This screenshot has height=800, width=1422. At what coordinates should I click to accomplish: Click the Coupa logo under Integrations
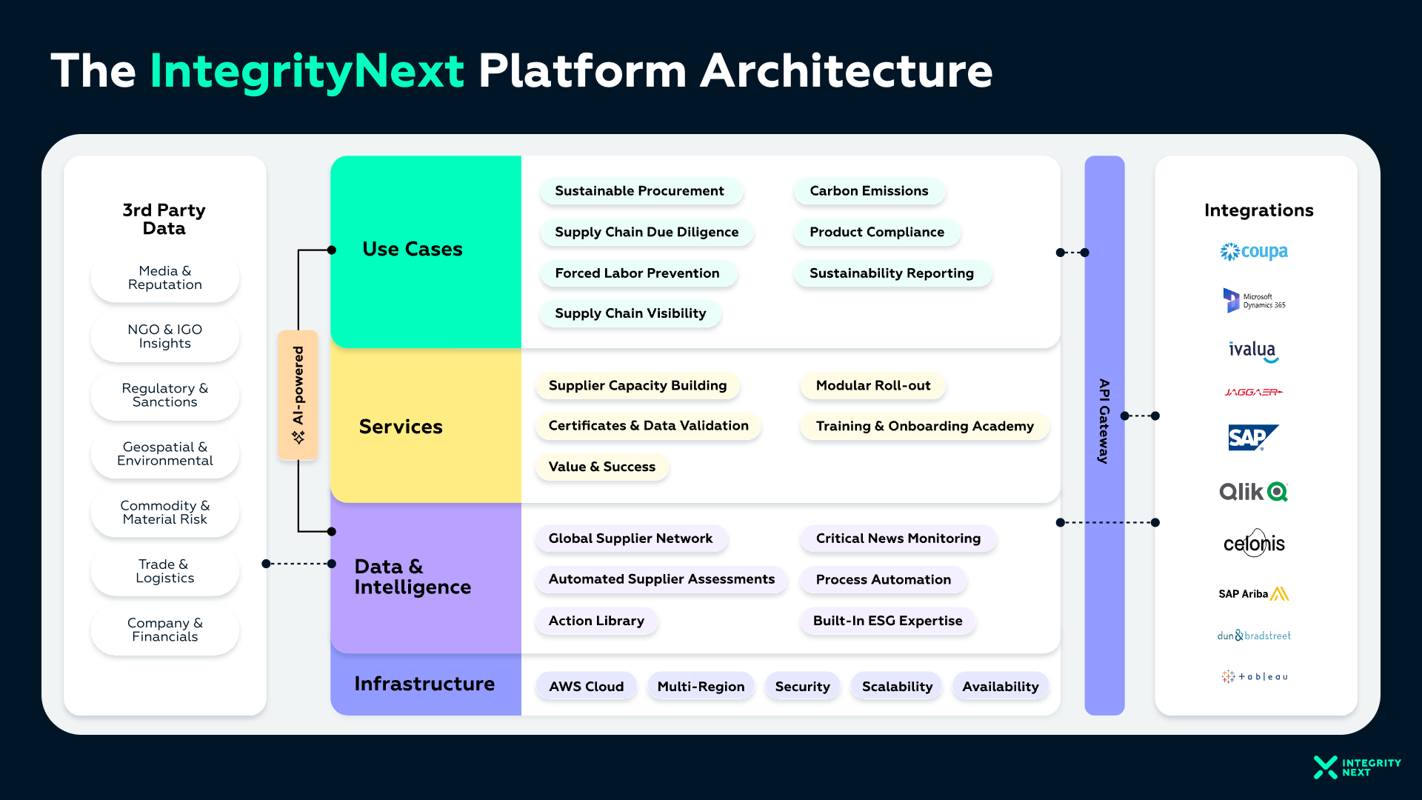1254,252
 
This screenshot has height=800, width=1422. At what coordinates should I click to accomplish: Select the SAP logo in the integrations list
1253,438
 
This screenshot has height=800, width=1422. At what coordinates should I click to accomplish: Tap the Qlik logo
1253,492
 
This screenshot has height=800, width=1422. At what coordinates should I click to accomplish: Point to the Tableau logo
1255,676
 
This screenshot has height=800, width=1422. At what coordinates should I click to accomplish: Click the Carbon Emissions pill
869,191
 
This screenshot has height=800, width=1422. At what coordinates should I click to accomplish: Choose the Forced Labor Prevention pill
637,273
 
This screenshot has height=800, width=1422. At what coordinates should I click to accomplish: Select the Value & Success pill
601,467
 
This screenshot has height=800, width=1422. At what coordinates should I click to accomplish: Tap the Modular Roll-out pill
872,386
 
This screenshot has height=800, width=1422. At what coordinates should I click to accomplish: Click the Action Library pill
596,621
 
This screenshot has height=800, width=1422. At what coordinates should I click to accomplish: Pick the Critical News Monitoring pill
898,539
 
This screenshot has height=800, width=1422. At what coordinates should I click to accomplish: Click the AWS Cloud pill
586,687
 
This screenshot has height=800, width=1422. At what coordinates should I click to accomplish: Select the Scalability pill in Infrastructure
897,687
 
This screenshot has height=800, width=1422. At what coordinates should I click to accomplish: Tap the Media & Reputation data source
164,278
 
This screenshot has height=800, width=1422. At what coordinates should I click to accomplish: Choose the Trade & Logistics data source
164,571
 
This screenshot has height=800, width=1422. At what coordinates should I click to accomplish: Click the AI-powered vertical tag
298,395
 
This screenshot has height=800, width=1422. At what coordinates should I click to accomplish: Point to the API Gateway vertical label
1104,421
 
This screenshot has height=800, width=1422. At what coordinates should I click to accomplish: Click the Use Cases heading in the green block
413,250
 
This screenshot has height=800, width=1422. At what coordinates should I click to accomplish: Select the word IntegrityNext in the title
307,71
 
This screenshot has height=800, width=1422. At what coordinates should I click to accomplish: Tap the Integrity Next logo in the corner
1357,767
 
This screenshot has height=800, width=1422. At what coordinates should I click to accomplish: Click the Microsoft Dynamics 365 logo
1254,301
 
